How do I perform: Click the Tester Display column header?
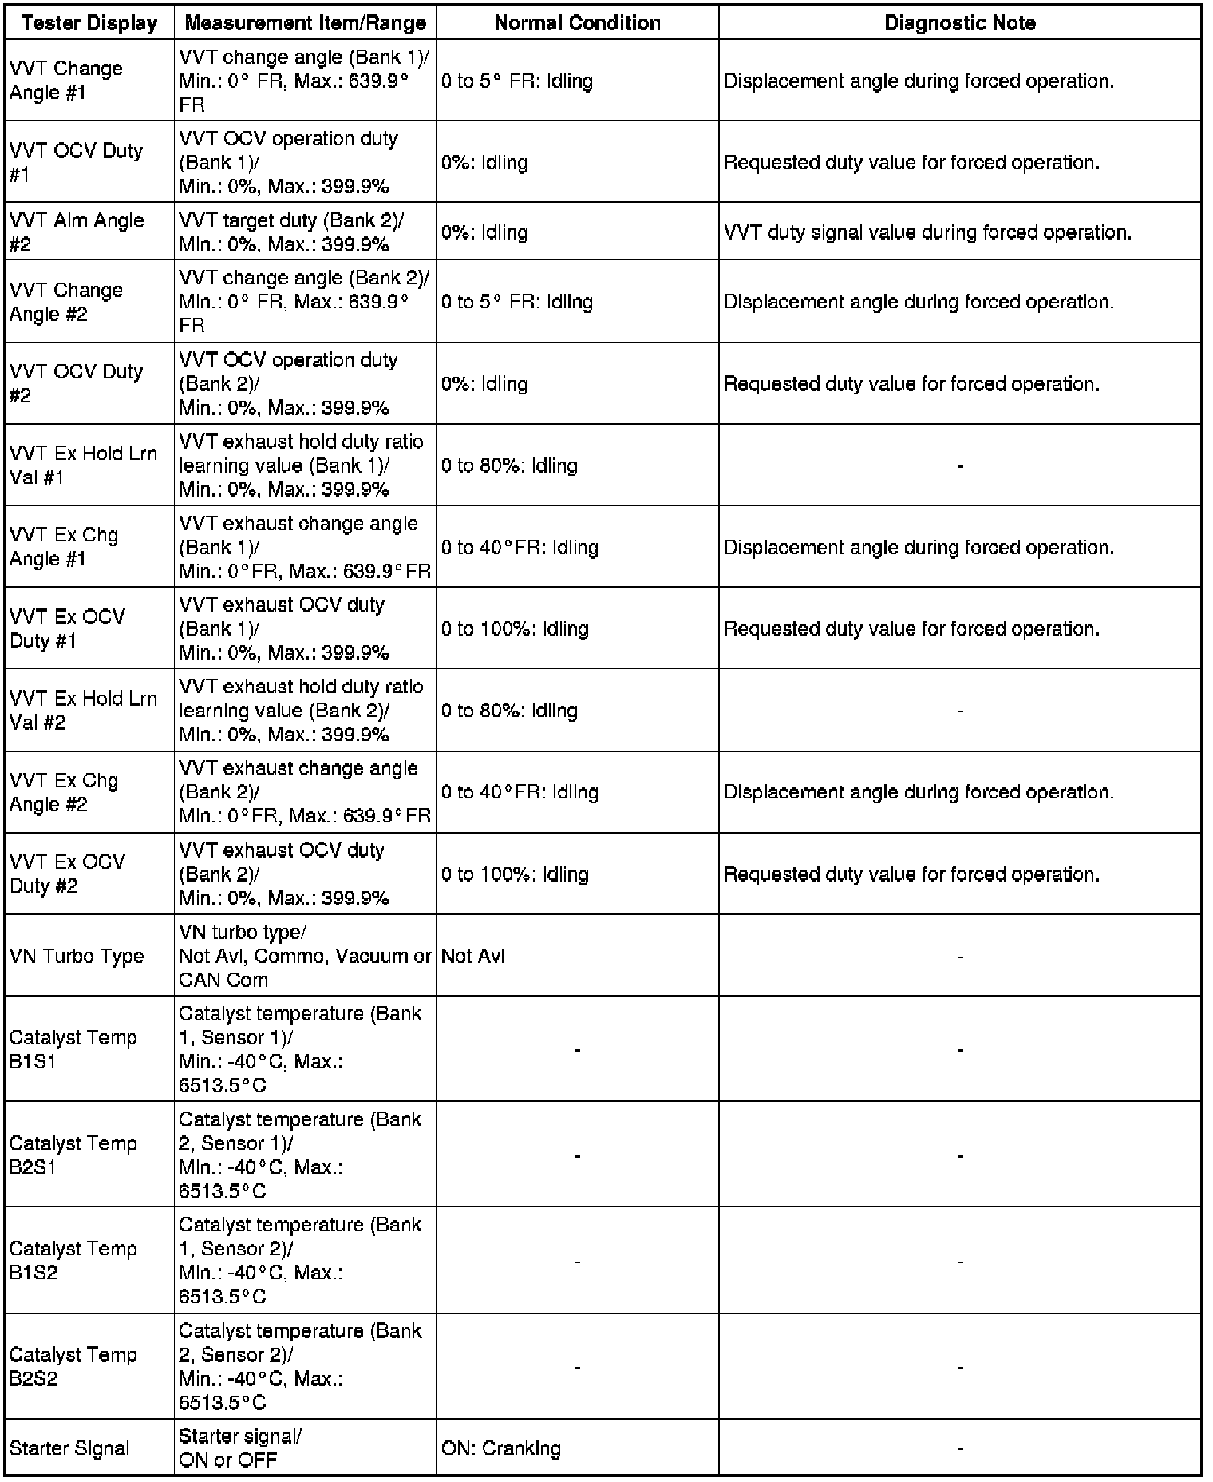tap(89, 23)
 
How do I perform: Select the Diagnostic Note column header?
tap(959, 23)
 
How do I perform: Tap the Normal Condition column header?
tap(577, 23)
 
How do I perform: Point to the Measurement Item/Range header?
tap(305, 23)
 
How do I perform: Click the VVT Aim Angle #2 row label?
tap(77, 232)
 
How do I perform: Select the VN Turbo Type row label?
tap(77, 956)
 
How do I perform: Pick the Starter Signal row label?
tap(69, 1448)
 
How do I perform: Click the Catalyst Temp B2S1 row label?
tap(73, 1155)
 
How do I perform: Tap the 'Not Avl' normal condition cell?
tap(473, 956)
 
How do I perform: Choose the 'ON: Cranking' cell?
tap(501, 1448)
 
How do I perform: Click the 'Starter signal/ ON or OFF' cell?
tap(240, 1448)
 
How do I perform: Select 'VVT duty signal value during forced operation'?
tap(927, 232)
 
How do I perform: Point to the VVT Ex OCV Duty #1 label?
tap(67, 628)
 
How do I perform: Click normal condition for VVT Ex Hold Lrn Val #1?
tap(509, 466)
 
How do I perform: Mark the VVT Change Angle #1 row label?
tap(65, 81)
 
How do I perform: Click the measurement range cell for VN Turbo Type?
tap(305, 956)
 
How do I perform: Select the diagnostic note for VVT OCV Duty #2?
tap(911, 384)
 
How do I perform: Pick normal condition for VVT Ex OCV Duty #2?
tap(515, 874)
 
